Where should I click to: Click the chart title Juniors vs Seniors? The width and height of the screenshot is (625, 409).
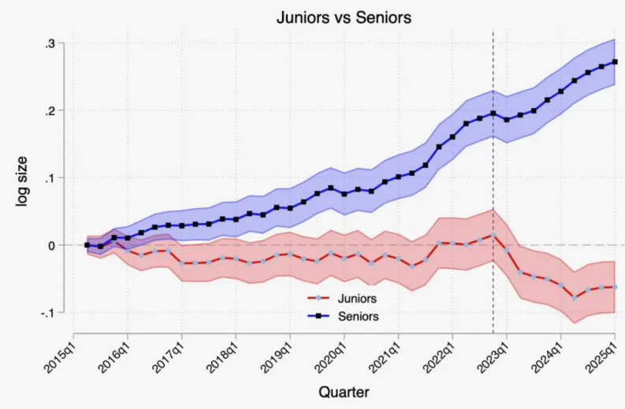click(343, 16)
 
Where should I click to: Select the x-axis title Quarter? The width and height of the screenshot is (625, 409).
click(343, 392)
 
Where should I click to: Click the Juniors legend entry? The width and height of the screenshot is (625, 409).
click(355, 299)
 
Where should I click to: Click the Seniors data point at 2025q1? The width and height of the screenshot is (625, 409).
click(615, 61)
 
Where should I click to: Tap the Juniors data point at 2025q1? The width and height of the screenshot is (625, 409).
click(615, 287)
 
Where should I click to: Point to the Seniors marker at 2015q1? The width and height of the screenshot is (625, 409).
click(87, 245)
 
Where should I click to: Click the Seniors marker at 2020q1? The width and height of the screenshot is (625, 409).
click(344, 194)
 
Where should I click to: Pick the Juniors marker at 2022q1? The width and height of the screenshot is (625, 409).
click(452, 244)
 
